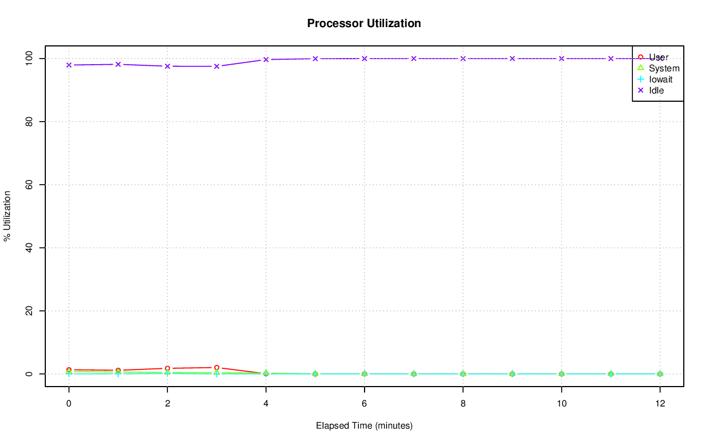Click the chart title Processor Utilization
[x=364, y=23]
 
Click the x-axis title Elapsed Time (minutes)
[x=364, y=426]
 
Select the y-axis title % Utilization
[x=7, y=216]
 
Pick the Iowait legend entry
[x=661, y=80]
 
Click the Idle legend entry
[x=656, y=91]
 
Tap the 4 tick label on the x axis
[x=266, y=404]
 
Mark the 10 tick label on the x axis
[x=561, y=404]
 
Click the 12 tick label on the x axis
[x=659, y=404]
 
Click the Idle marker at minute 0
[x=69, y=65]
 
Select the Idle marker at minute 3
[x=217, y=66]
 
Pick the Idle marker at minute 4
[x=266, y=60]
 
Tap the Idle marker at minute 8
[x=463, y=59]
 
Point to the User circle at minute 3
[x=217, y=367]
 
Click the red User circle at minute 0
[x=69, y=369]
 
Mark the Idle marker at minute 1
[x=118, y=64]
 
